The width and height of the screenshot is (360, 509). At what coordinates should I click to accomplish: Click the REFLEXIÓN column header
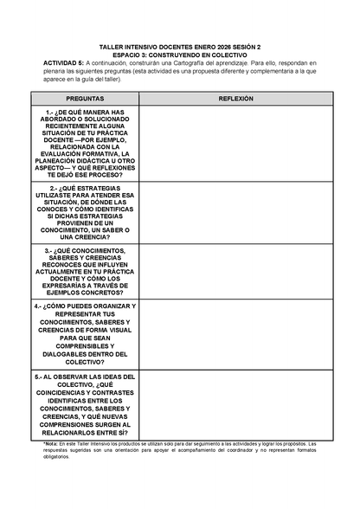click(235, 99)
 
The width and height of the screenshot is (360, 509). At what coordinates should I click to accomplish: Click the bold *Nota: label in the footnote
click(50, 443)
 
